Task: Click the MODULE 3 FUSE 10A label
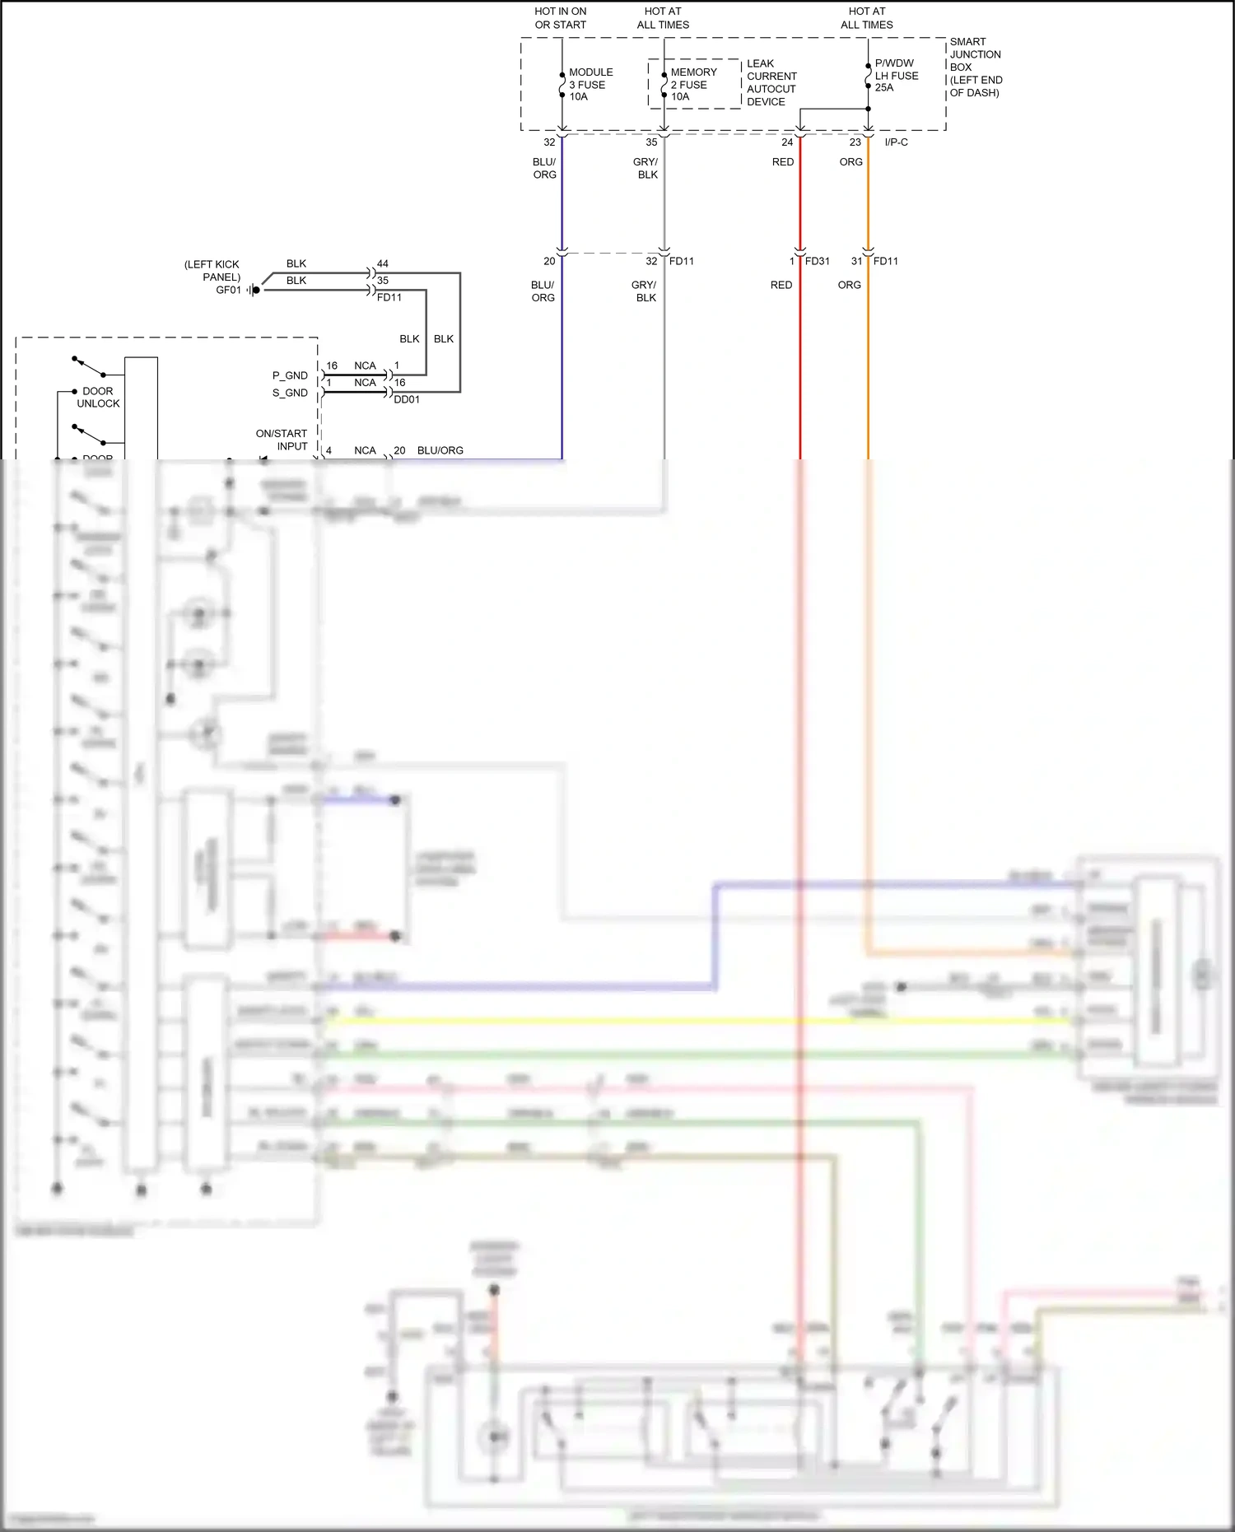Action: coord(590,85)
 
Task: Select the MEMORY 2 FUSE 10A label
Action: coord(692,85)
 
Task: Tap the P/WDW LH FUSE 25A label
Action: coord(896,76)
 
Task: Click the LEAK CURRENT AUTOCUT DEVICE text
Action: coord(771,82)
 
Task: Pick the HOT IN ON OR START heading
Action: coord(561,18)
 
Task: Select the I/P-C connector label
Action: coord(896,142)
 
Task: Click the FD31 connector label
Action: coord(817,262)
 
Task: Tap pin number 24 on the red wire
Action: coord(787,142)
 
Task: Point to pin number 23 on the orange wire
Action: coord(855,142)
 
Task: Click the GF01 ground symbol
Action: coord(254,290)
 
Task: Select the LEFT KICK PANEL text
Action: coord(212,271)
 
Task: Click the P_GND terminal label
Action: coord(290,375)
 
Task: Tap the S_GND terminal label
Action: coord(290,393)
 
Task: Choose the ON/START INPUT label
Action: coord(282,440)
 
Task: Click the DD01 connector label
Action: coord(407,400)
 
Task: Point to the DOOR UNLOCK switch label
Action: coord(98,398)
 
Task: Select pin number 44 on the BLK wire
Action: coord(382,264)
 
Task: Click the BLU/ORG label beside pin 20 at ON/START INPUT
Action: coord(440,450)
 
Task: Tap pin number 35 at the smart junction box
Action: coord(651,142)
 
